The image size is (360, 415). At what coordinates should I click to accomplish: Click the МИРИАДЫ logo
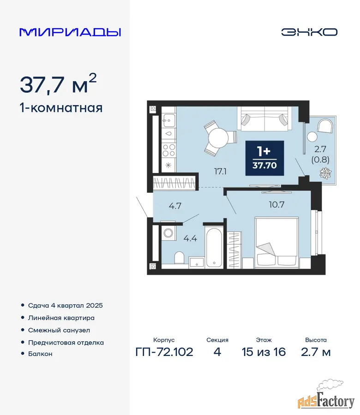(x=70, y=32)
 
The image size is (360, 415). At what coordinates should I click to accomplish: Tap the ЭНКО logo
(x=309, y=32)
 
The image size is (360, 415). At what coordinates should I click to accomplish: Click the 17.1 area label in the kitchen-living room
(x=221, y=172)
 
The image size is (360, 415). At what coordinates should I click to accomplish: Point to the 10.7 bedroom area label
(x=276, y=205)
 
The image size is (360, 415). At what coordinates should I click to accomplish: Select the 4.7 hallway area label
(x=175, y=206)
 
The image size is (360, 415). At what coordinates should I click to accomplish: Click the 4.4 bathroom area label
(x=190, y=238)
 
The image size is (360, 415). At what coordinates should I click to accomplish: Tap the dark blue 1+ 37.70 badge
(x=264, y=158)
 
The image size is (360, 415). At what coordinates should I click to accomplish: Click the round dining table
(x=218, y=138)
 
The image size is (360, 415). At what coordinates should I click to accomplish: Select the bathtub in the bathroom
(x=214, y=248)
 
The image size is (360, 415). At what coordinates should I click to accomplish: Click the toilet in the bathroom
(x=180, y=257)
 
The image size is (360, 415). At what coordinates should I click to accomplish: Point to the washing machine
(x=168, y=233)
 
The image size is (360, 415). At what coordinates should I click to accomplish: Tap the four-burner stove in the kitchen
(x=169, y=150)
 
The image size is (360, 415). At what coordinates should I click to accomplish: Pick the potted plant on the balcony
(x=325, y=173)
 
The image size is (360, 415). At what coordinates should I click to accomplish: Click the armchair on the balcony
(x=325, y=126)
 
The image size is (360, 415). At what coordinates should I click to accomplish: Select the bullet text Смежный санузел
(x=59, y=330)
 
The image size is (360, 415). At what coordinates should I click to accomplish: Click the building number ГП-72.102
(x=164, y=352)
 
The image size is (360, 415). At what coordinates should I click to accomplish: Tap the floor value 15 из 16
(x=264, y=352)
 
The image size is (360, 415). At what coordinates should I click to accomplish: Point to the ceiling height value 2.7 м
(x=316, y=352)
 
